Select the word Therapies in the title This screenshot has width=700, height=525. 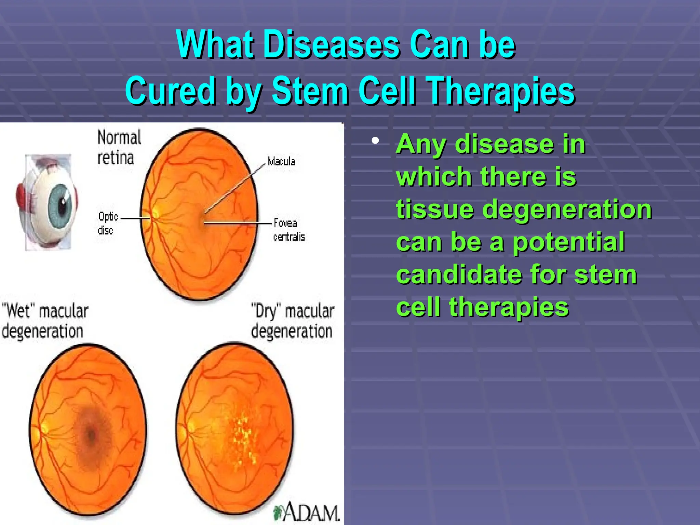pos(501,91)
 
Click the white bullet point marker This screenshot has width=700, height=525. pos(375,140)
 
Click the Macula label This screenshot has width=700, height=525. pos(281,161)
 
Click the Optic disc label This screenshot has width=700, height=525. pos(107,223)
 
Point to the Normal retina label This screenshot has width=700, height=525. pos(118,147)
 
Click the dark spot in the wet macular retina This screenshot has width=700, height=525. pos(91,434)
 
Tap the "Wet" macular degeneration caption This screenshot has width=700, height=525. pos(44,321)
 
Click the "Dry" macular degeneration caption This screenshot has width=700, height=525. pos(292,321)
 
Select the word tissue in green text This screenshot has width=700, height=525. pos(434,209)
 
